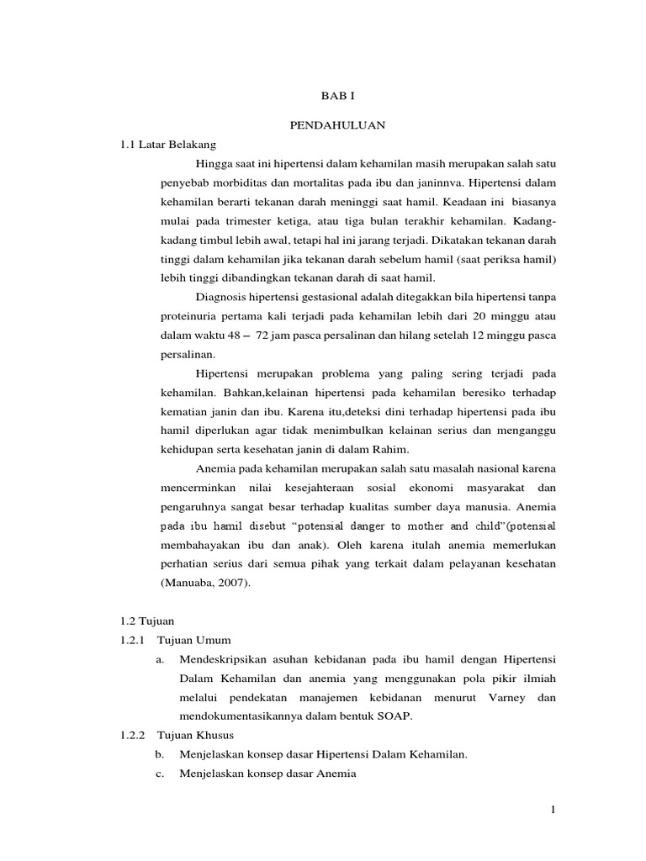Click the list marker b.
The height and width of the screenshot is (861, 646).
click(161, 755)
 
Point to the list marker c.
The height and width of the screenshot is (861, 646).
click(161, 774)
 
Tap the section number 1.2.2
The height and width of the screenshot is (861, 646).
click(133, 736)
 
